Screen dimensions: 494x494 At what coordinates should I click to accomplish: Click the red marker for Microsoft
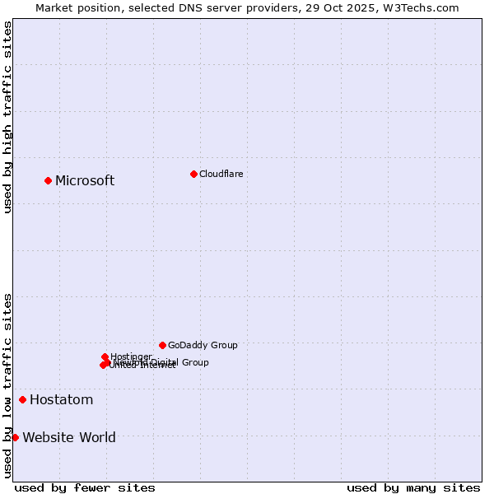coord(48,180)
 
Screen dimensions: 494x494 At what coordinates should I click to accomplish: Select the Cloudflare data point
coord(193,174)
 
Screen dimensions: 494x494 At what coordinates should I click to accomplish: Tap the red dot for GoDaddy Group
coord(162,345)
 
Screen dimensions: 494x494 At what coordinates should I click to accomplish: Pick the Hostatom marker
coord(22,399)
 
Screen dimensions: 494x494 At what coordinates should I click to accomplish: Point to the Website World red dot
coord(15,437)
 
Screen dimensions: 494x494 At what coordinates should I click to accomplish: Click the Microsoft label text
coord(85,180)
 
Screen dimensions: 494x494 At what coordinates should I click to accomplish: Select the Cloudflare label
coord(221,174)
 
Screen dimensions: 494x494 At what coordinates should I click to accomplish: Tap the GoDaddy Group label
coord(203,345)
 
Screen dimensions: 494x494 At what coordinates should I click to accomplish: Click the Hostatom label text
coord(61,399)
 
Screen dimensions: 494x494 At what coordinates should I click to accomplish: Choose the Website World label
coord(69,437)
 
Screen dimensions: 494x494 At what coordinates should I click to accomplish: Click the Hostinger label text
coord(132,357)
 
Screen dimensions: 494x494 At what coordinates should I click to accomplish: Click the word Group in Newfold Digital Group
coord(194,362)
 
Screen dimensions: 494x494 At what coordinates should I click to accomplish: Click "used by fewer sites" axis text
coord(85,487)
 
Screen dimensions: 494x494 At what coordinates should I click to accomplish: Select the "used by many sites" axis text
coord(413,487)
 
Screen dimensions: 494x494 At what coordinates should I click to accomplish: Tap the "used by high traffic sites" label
coord(7,117)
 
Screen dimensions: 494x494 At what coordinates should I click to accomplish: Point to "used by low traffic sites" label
coord(7,385)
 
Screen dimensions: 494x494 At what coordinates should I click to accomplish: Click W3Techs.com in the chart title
coord(423,7)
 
